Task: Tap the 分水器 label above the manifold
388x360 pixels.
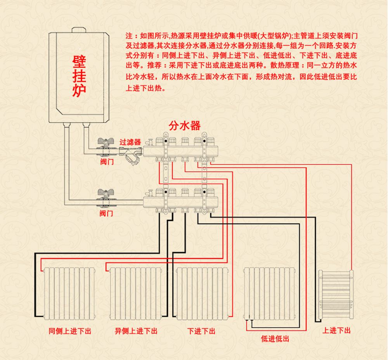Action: point(185,126)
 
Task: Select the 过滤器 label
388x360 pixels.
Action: point(130,143)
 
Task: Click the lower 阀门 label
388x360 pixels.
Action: point(106,213)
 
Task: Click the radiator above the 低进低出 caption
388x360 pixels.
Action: point(267,293)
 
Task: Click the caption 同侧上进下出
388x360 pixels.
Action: point(70,331)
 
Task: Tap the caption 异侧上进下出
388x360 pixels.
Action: point(136,331)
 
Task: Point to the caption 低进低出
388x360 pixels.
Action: point(275,339)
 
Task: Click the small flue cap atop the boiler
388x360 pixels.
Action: point(79,30)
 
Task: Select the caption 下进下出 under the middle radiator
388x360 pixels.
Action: point(201,331)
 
